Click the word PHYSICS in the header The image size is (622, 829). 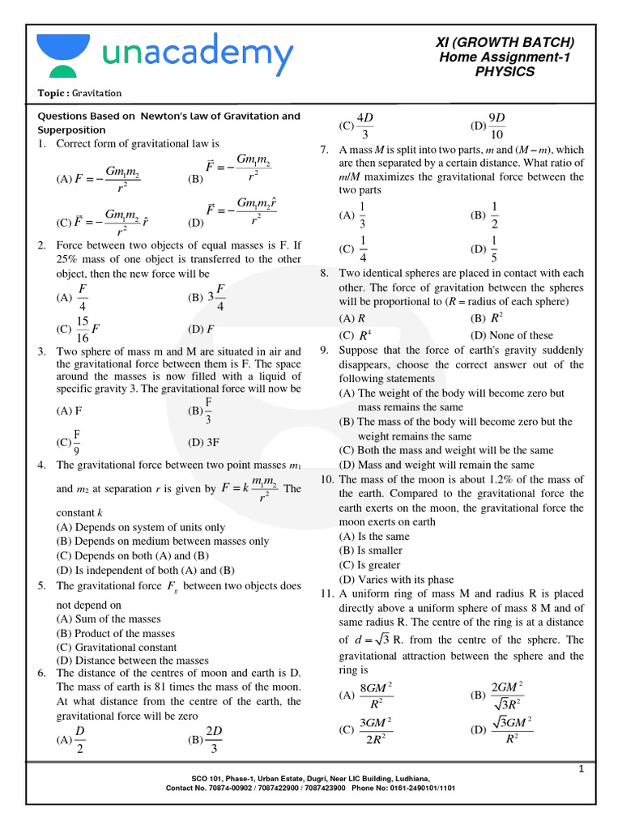coord(505,72)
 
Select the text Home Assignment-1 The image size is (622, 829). coord(505,57)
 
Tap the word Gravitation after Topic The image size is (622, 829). coord(94,93)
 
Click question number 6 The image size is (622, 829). coord(41,673)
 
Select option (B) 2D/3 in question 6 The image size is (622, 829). coord(206,739)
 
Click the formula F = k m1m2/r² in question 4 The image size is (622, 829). coord(249,488)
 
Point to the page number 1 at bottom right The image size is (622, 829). coord(581,769)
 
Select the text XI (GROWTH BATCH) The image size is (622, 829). coord(505,42)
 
